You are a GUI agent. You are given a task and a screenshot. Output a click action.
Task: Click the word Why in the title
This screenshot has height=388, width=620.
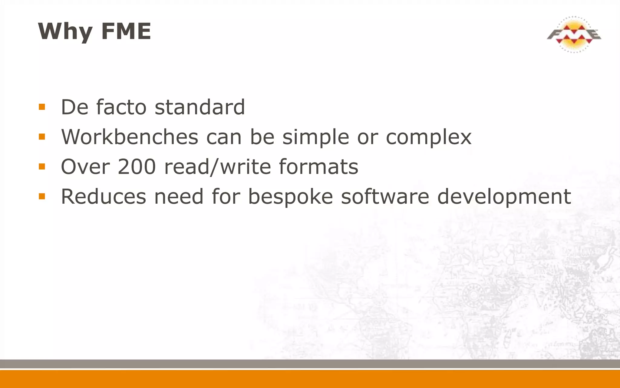pyautogui.click(x=65, y=31)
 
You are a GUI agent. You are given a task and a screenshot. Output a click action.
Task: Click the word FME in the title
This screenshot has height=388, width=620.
pyautogui.click(x=126, y=31)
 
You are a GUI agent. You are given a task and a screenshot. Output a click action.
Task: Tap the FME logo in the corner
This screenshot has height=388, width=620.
pyautogui.click(x=574, y=34)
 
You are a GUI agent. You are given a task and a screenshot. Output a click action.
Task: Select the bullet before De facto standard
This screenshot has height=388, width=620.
pyautogui.click(x=42, y=107)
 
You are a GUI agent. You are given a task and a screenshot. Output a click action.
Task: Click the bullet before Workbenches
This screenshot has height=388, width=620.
pyautogui.click(x=42, y=137)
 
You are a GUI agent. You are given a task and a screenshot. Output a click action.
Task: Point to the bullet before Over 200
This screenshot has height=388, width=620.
pyautogui.click(x=42, y=166)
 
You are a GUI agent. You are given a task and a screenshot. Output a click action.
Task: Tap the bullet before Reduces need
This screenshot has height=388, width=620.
pyautogui.click(x=42, y=196)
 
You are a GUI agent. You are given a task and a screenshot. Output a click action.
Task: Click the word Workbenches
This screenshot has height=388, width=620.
pyautogui.click(x=130, y=137)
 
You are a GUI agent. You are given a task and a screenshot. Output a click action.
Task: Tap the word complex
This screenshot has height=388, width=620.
pyautogui.click(x=428, y=137)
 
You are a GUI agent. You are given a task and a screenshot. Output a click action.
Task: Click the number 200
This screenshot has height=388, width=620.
pyautogui.click(x=137, y=166)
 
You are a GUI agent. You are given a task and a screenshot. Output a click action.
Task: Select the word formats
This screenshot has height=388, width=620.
pyautogui.click(x=318, y=166)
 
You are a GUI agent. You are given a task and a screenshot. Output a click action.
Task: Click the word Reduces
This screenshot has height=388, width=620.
pyautogui.click(x=104, y=196)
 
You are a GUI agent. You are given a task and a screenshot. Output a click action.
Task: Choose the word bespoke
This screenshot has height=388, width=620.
pyautogui.click(x=291, y=197)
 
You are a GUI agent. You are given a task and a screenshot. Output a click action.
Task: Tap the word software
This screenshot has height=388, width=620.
pyautogui.click(x=385, y=196)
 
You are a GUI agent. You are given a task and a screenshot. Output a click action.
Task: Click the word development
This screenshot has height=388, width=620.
pyautogui.click(x=504, y=197)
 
